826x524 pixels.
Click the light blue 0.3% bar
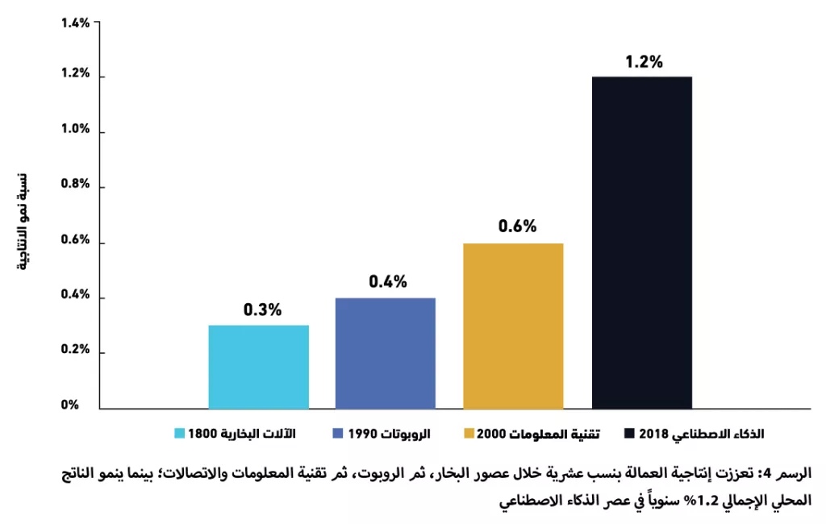pos(259,367)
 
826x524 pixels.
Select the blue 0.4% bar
pos(386,353)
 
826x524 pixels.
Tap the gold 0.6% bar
pos(513,326)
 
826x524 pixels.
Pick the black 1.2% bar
pos(642,243)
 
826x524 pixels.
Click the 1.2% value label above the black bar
pos(644,61)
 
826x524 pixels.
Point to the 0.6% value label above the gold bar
pos(517,226)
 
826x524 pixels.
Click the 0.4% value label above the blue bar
pos(388,281)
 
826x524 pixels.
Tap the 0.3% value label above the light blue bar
pos(262,310)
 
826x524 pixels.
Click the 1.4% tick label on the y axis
pos(75,23)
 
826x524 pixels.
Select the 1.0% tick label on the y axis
pos(75,129)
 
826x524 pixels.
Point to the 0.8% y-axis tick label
pos(75,184)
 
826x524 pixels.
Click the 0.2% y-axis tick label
pos(75,350)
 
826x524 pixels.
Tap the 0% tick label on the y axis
pos(69,405)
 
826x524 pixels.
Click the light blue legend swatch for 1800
pos(180,434)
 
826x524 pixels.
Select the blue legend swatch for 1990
pos(338,434)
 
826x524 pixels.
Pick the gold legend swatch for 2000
pos(469,434)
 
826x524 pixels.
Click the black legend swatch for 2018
pos(629,434)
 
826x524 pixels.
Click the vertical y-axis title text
pos(23,222)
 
